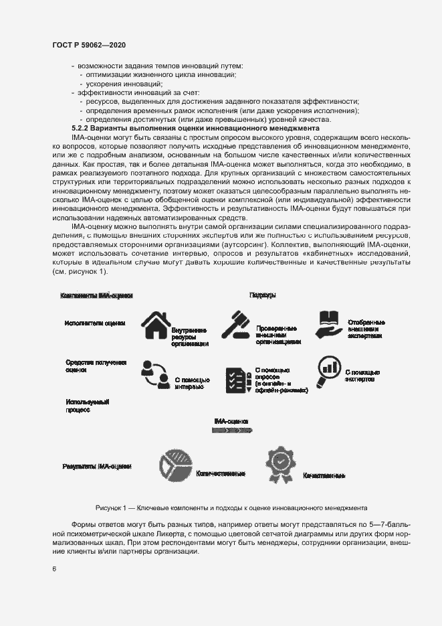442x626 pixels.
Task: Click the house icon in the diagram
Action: click(152, 327)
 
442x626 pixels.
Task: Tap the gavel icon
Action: click(235, 327)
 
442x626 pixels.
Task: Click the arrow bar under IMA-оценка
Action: click(231, 432)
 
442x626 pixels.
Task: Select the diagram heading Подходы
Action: click(262, 295)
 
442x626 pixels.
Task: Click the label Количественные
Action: click(220, 473)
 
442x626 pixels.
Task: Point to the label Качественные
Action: click(324, 475)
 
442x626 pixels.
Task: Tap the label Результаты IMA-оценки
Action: click(97, 466)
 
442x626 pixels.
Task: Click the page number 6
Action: click(53, 568)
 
